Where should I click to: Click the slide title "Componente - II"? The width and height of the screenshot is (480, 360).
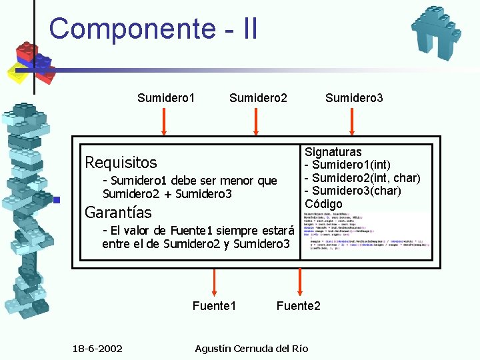coord(153,29)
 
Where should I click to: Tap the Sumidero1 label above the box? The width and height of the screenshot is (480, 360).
coord(166,99)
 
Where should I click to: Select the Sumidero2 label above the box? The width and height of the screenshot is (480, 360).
coord(258,99)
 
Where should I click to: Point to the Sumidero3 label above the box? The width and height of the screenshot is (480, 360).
coord(354,99)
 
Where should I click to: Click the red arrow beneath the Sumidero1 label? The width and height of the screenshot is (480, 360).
coord(165,122)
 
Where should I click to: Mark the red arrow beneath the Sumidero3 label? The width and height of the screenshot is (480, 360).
coord(353,122)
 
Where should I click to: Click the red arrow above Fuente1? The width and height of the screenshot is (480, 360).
coord(214,282)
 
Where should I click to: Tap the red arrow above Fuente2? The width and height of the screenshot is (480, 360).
coord(299,282)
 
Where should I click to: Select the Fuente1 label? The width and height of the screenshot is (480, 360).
coord(214,306)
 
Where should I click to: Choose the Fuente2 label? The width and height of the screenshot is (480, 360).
coord(298,306)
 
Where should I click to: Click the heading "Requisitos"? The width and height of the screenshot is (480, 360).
coord(121,162)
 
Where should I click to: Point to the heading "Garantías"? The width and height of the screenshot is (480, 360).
coord(118,213)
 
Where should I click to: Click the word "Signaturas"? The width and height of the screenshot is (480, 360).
coord(333,153)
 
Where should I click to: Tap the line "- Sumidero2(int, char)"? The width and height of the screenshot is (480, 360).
coord(362,178)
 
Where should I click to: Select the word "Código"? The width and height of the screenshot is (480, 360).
coord(323,203)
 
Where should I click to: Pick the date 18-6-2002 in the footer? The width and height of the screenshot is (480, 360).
coord(97,349)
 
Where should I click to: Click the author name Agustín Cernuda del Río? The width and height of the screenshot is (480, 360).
coord(251,349)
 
